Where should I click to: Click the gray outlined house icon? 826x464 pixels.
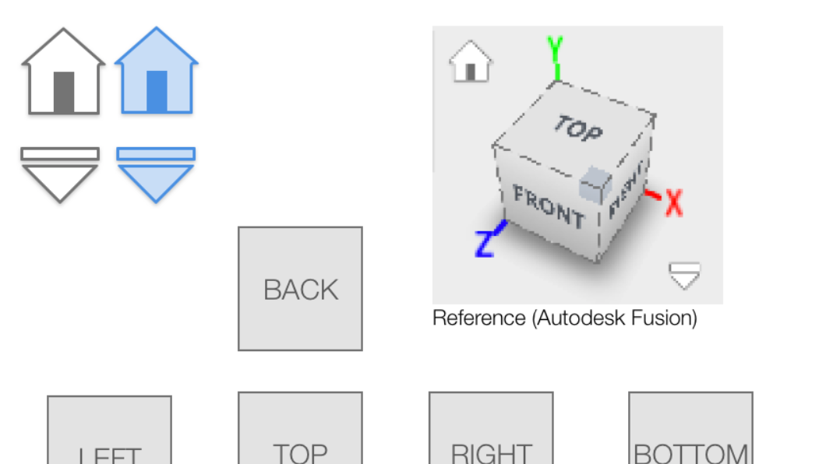[x=62, y=73]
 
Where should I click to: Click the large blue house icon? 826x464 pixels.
[x=157, y=73]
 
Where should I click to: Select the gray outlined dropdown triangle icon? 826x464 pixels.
[x=60, y=174]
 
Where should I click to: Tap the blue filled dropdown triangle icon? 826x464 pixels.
[x=156, y=174]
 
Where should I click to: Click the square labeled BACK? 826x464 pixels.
[x=300, y=289]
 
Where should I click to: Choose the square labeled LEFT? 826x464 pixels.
[x=109, y=433]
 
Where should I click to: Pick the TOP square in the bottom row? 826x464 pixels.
[x=300, y=431]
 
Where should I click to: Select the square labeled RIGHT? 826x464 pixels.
[x=491, y=431]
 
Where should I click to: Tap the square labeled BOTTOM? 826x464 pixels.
[x=690, y=431]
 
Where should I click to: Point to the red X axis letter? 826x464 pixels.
[x=673, y=203]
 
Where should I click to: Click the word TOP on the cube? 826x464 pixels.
[x=578, y=128]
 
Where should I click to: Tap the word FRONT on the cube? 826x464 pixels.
[x=549, y=206]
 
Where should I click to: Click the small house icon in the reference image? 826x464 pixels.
[x=471, y=63]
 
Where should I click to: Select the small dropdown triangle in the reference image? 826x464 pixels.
[x=684, y=275]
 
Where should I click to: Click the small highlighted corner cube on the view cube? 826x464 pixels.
[x=595, y=181]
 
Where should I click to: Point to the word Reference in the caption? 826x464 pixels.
[x=478, y=318]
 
